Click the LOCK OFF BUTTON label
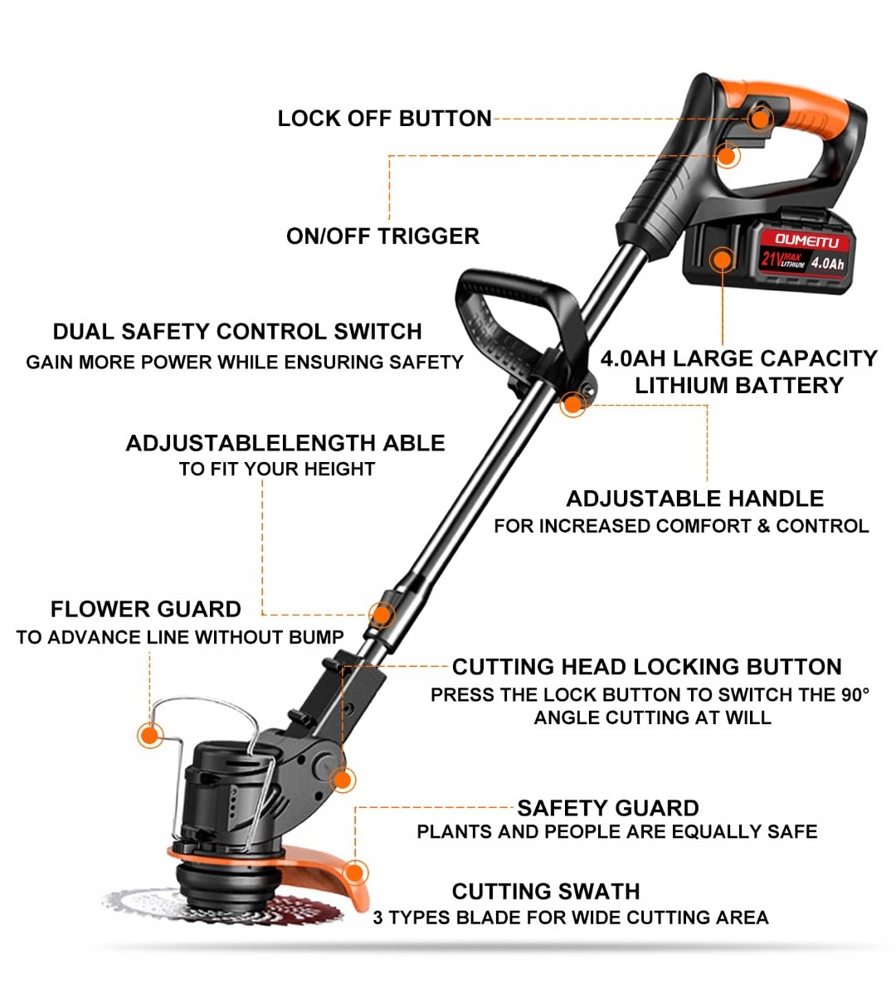[384, 119]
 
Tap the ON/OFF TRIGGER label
[382, 236]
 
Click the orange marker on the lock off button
[761, 118]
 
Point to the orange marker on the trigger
[727, 155]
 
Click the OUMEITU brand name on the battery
[806, 240]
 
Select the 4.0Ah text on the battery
[827, 263]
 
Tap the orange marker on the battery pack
[722, 259]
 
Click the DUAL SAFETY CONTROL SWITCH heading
[237, 332]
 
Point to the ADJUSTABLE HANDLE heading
[695, 499]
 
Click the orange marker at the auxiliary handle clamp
[572, 404]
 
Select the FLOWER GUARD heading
[145, 610]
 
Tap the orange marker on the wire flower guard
[150, 735]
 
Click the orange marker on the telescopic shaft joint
[381, 615]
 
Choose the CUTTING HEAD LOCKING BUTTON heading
[647, 667]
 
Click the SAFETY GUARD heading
[608, 808]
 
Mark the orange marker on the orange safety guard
[355, 874]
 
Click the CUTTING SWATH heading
[546, 892]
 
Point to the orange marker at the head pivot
[343, 780]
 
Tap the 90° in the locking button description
[855, 694]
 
